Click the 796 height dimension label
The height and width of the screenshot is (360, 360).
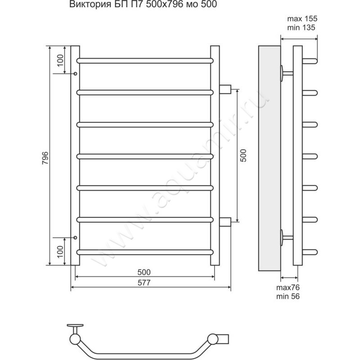click(45, 158)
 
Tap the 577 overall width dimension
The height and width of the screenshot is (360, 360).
click(144, 283)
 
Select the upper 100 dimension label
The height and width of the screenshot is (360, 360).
click(60, 60)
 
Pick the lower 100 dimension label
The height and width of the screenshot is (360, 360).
click(60, 252)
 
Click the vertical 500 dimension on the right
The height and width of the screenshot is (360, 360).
click(243, 155)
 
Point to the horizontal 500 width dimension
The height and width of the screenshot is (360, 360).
click(144, 272)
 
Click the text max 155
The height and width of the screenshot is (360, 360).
click(302, 18)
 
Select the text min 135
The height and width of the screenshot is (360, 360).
click(301, 27)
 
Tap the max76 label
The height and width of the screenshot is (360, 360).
click(288, 288)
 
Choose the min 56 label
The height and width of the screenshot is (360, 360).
click(288, 297)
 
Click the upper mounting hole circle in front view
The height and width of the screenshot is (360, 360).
click(75, 74)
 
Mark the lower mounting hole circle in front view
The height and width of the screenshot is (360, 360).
click(75, 238)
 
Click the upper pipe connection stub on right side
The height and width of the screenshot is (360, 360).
click(225, 89)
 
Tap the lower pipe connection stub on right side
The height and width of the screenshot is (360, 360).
click(225, 222)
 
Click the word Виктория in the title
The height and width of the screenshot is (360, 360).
click(90, 4)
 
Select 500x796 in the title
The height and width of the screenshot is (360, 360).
click(165, 4)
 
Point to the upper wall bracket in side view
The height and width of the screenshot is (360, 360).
click(287, 73)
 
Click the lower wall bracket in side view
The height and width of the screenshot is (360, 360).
click(287, 237)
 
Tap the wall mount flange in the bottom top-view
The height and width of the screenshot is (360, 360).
click(75, 325)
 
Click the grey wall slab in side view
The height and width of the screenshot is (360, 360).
click(269, 158)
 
